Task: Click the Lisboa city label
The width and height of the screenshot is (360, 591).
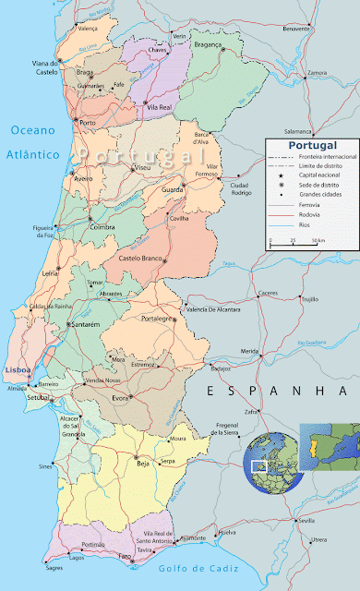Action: point(18,344)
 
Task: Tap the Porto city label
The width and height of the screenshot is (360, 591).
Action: point(89,123)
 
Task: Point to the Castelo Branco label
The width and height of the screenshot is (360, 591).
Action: point(144,260)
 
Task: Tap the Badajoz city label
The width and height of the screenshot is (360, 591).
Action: point(220,368)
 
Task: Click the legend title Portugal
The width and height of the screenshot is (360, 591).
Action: point(311,146)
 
